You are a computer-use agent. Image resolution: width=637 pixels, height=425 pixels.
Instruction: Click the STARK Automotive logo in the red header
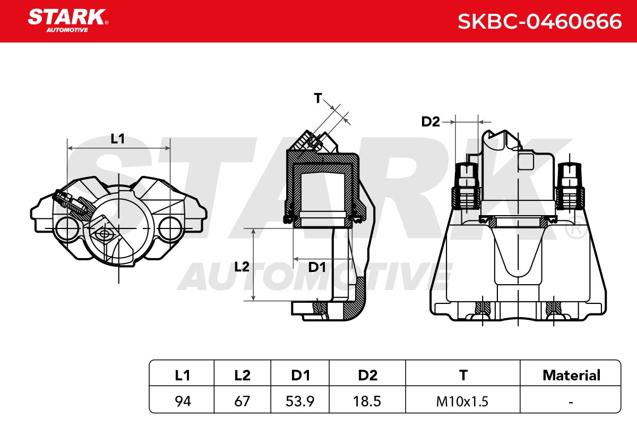tap(68, 21)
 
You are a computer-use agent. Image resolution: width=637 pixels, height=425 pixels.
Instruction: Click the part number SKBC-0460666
tap(540, 21)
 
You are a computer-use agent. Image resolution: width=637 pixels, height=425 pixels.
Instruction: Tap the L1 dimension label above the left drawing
tap(117, 139)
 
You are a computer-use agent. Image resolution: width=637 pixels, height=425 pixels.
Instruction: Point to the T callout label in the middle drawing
tap(318, 98)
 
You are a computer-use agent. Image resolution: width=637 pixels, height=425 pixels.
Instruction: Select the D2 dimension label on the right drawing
tap(431, 122)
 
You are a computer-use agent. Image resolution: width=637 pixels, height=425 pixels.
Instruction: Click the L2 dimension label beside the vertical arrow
tap(242, 267)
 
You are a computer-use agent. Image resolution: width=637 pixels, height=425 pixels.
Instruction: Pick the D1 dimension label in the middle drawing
tap(317, 267)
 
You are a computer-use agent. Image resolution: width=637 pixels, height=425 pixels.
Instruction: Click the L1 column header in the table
tap(182, 375)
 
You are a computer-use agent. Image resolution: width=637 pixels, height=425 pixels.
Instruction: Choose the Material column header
tap(571, 375)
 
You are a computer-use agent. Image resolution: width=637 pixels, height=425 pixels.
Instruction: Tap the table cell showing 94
tap(183, 402)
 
